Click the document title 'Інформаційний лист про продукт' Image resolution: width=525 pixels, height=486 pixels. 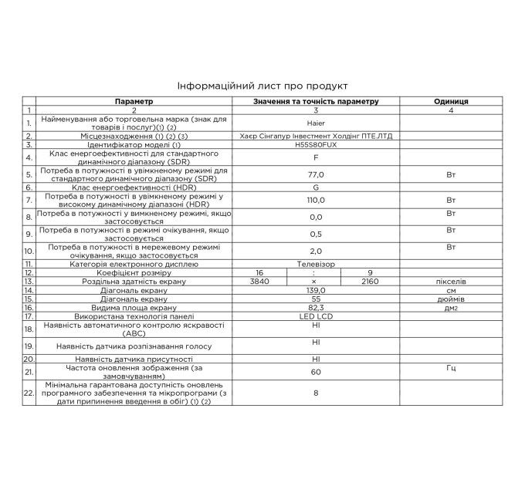point(262,86)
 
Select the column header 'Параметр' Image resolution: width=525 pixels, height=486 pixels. point(134,102)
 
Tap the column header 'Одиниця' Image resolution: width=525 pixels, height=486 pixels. point(451,102)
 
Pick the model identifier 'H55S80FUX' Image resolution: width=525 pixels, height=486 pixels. point(315,144)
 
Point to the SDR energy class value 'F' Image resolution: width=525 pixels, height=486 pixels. point(315,157)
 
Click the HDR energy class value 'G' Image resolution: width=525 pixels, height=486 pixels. point(315,187)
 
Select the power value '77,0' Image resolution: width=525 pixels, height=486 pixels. point(315,175)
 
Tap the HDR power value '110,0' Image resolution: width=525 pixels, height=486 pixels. point(315,200)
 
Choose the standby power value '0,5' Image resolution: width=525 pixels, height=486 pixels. point(315,234)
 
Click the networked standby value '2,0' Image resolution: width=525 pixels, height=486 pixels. point(315,251)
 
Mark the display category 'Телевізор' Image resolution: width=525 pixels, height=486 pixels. point(315,263)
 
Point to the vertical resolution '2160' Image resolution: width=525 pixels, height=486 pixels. point(371,282)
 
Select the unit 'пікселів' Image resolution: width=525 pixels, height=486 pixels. point(451,282)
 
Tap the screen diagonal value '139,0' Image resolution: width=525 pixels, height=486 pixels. point(315,290)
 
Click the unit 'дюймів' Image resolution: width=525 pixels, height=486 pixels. point(451,299)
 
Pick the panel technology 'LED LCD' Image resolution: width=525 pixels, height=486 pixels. point(315,316)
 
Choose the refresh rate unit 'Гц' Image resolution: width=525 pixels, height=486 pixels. point(451,368)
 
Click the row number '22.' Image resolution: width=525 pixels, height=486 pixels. point(29,394)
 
